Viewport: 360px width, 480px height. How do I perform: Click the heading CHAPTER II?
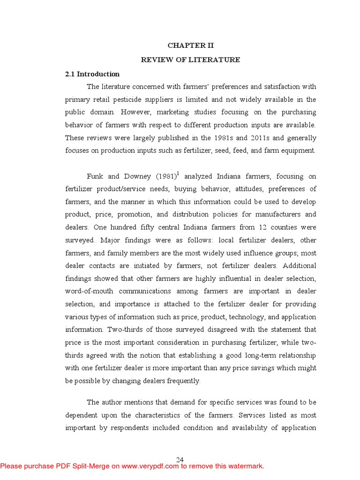click(191, 46)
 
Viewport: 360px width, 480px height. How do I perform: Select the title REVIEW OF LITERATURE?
click(191, 60)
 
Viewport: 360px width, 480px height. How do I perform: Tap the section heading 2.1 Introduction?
click(92, 74)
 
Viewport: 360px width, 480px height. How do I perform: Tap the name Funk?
click(95, 177)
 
